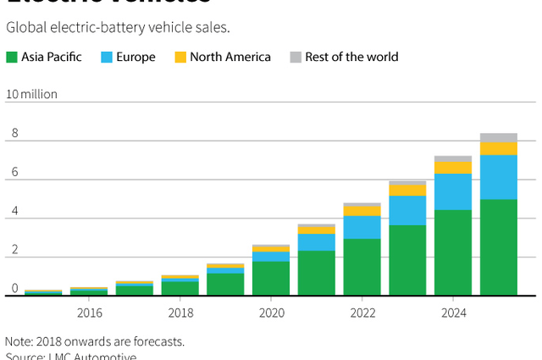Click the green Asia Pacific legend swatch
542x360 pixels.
point(12,58)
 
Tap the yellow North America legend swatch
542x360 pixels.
point(180,58)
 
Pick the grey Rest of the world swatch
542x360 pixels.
point(295,58)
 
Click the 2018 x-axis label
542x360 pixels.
point(180,313)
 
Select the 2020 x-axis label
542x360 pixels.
point(271,313)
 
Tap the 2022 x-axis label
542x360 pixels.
point(362,313)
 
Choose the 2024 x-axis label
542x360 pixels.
point(453,313)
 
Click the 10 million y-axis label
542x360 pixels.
point(31,94)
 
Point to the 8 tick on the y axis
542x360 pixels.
point(14,134)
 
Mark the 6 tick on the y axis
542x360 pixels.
point(14,174)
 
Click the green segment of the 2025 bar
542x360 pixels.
point(499,247)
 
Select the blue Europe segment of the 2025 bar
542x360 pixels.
point(499,177)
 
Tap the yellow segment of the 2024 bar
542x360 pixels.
point(453,168)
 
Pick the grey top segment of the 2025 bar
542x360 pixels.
point(499,137)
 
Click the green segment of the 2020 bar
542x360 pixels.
point(271,278)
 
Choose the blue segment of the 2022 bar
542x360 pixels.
point(362,227)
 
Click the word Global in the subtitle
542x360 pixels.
point(26,27)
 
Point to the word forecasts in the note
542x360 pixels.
point(158,341)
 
